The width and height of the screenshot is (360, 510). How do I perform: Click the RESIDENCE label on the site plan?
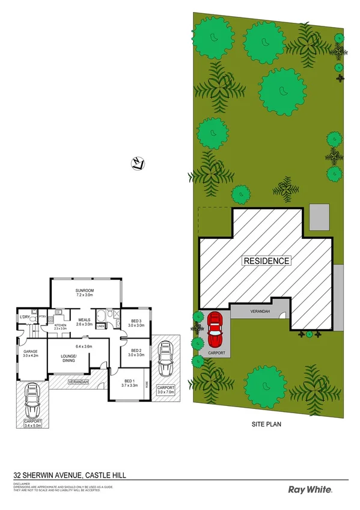point(266,261)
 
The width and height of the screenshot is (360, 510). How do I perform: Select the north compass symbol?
point(138,162)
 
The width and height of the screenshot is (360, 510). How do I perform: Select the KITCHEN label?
point(61,325)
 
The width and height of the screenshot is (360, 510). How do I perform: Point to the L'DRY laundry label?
point(25,317)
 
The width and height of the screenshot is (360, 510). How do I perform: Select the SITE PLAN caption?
point(266,423)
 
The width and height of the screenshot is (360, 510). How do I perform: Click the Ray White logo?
point(311,490)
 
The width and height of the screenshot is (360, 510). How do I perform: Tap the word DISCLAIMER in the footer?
point(22,482)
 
